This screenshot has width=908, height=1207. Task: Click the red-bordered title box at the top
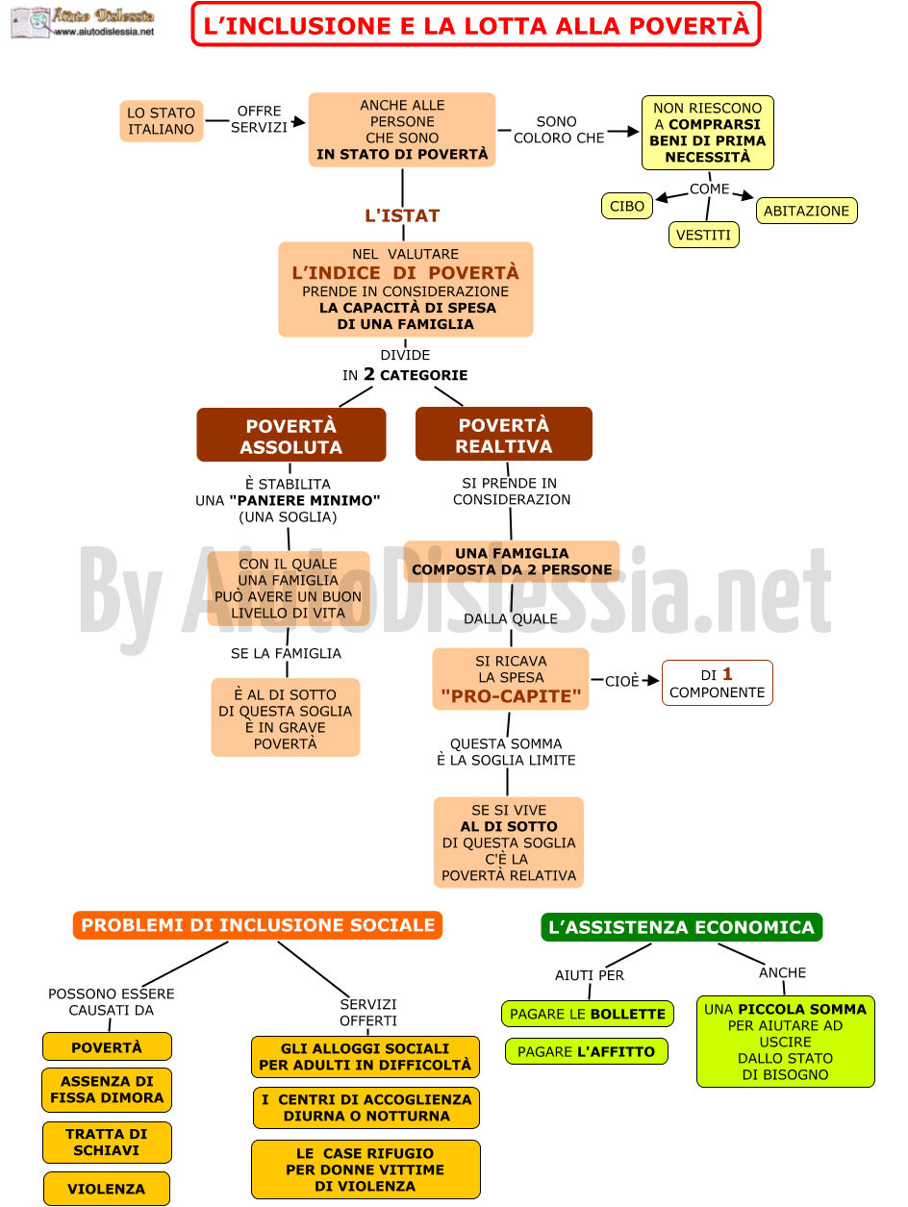(476, 24)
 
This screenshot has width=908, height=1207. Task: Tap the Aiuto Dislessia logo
(83, 22)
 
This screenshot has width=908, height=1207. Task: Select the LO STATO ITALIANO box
(162, 121)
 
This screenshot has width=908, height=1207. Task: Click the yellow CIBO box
(626, 206)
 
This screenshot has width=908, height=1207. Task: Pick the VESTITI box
(703, 235)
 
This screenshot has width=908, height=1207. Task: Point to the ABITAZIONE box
(806, 211)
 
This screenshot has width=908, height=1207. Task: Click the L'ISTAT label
(403, 215)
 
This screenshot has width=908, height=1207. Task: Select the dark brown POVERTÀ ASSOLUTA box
(290, 435)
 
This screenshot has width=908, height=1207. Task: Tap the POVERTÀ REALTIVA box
(504, 434)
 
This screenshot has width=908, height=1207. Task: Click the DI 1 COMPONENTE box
(718, 683)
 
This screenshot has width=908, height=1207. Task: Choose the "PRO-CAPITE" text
(511, 696)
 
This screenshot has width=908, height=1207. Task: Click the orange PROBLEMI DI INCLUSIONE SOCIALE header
(258, 925)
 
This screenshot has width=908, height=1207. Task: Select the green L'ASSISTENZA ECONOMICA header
(681, 927)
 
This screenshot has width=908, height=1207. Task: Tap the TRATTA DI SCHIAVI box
(107, 1143)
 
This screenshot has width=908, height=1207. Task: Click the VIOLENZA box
(106, 1189)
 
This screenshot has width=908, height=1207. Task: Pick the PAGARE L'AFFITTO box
(587, 1051)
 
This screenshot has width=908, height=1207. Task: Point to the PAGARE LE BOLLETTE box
(588, 1014)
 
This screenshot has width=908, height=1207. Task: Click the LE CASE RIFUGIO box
(366, 1169)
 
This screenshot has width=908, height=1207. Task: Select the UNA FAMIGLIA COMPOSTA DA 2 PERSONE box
(512, 562)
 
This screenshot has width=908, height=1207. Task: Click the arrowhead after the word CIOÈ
(653, 680)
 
